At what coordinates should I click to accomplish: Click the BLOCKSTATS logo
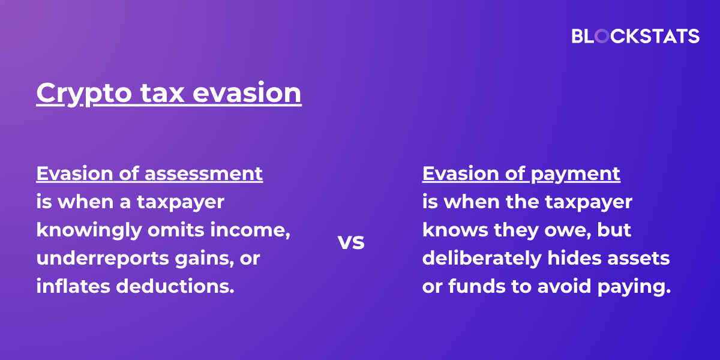pos(635,36)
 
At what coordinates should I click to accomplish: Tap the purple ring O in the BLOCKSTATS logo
pos(602,36)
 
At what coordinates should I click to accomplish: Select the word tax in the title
pos(163,92)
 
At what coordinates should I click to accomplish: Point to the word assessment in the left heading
pos(203,173)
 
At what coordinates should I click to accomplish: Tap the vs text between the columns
pos(351,242)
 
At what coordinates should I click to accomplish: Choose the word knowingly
pos(89,230)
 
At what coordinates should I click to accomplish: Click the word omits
pos(176,229)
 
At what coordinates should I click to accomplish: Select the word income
pos(250,230)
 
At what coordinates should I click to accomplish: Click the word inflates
pos(73,286)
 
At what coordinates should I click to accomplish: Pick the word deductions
pos(175,286)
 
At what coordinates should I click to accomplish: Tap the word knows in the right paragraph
pos(455,229)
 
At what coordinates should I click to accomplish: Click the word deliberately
pos(482,259)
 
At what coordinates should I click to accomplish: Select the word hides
pos(574,258)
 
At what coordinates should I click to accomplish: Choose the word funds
pos(477,286)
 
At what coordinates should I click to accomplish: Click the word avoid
pos(565,286)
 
